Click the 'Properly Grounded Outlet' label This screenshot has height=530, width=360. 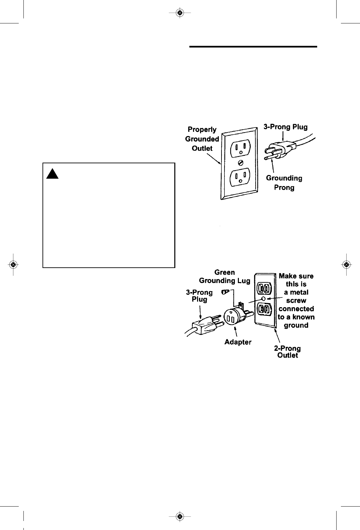(x=202, y=139)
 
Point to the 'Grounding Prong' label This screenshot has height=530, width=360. (x=284, y=183)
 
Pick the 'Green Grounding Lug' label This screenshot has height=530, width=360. (x=224, y=277)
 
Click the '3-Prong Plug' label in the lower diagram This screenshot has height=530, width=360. (x=199, y=296)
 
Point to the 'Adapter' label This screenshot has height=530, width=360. (x=238, y=342)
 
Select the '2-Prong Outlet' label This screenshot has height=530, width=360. (x=287, y=352)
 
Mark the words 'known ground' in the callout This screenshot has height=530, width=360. (x=296, y=321)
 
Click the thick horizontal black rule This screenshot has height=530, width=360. (x=253, y=47)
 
